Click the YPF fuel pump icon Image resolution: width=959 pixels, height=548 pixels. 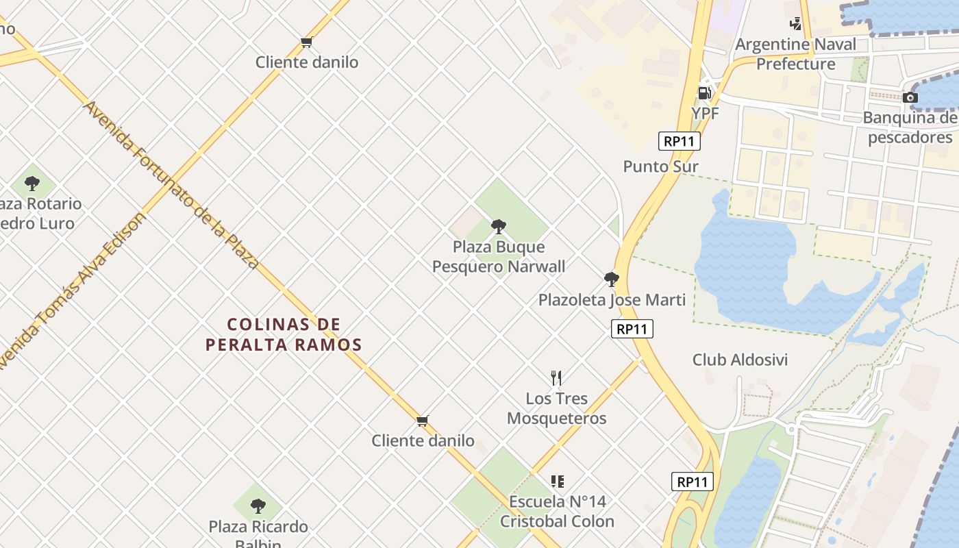[704, 93]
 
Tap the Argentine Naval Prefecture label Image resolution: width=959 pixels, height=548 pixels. [795, 54]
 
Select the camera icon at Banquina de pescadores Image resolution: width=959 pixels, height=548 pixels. [910, 98]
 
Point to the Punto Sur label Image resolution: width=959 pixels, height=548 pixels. [660, 166]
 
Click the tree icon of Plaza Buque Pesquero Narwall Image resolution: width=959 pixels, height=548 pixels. [499, 226]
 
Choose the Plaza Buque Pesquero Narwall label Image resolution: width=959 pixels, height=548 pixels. [499, 257]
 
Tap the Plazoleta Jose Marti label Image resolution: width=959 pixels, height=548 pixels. [612, 300]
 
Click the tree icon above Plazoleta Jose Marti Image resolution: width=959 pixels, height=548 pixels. [612, 279]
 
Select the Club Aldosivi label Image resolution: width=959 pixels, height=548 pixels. [740, 360]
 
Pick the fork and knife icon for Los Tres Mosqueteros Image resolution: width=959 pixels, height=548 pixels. [556, 377]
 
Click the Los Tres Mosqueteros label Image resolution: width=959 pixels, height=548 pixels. [556, 408]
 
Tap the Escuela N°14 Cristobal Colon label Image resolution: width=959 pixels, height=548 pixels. [557, 512]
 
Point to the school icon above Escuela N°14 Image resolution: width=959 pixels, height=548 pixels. [558, 482]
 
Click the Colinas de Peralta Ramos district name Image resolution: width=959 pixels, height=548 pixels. [284, 334]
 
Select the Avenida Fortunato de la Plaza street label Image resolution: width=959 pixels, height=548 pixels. [171, 185]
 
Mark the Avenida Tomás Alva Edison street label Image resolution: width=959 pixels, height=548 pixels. [72, 291]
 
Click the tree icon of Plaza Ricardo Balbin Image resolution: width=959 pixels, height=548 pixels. [258, 506]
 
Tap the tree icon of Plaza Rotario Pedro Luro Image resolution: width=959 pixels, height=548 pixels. [32, 184]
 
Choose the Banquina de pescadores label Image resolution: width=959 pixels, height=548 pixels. [910, 127]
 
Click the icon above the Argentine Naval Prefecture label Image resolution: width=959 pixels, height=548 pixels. [795, 24]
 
